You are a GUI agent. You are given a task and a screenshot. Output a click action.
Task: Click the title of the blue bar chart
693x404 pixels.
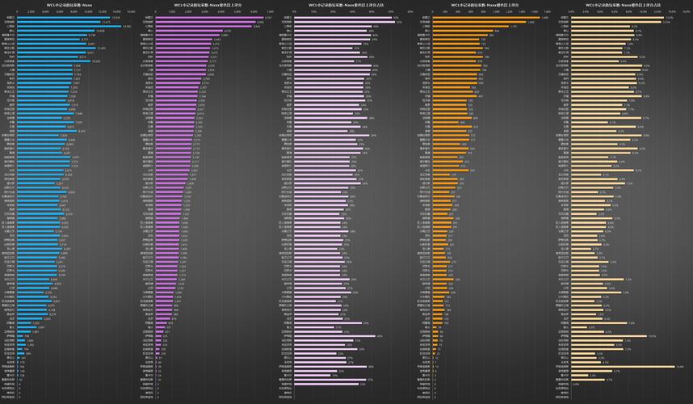[69, 4]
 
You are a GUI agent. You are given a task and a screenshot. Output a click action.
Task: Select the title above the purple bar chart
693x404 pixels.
[208, 4]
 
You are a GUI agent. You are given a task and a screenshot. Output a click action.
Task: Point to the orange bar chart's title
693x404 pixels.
[484, 4]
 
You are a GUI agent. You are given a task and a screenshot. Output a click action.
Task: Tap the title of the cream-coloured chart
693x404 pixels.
[622, 4]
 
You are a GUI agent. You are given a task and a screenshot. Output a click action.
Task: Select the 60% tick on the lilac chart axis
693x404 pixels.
[410, 11]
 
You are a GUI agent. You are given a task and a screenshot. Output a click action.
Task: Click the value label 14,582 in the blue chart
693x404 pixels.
[127, 26]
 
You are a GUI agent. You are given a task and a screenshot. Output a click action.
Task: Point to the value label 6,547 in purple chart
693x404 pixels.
[268, 17]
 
